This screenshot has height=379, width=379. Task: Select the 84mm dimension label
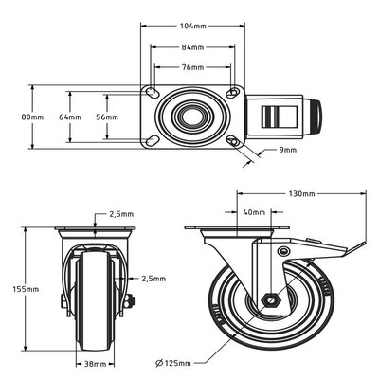point(193,47)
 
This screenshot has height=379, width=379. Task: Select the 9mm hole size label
point(288,150)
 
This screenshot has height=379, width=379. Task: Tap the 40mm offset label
point(252,212)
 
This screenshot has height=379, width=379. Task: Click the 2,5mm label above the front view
point(120,214)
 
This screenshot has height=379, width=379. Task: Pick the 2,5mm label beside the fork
point(154,279)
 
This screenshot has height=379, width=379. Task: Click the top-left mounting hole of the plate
point(153,93)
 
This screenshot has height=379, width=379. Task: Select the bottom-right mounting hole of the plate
point(234,142)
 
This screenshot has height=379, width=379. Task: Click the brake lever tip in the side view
point(358,250)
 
